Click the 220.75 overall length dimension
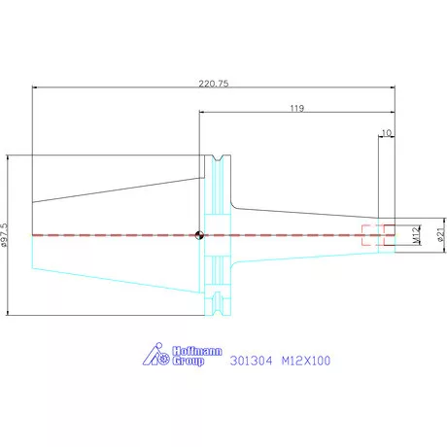(214, 84)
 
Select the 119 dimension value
(297, 108)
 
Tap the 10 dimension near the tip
(387, 133)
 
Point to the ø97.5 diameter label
(4, 235)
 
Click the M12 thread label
(416, 235)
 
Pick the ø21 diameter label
(441, 234)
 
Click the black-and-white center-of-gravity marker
(199, 235)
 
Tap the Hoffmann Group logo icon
(156, 354)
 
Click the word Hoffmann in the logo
(197, 351)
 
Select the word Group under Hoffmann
(189, 361)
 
